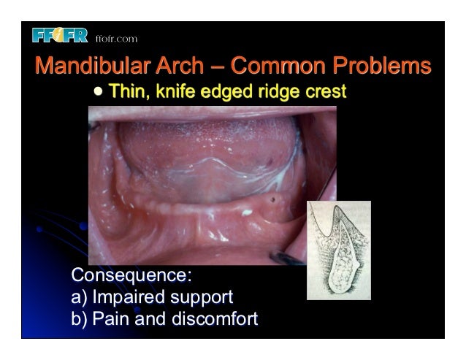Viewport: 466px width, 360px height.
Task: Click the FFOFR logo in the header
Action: pos(60,36)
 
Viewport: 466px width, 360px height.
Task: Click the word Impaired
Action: pos(131,298)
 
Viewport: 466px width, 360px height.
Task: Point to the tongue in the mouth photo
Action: pos(205,146)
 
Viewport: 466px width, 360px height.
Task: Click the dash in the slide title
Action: pos(217,68)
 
